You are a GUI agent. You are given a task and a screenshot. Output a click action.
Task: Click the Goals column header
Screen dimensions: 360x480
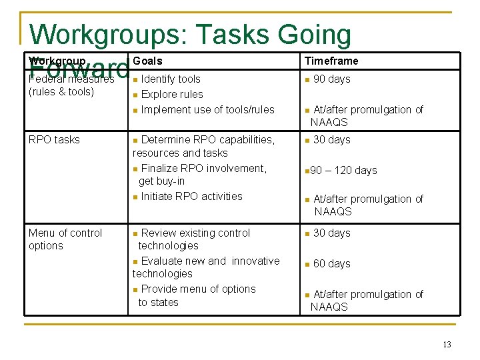click(147, 61)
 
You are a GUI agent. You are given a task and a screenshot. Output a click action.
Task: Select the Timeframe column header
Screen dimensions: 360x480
click(331, 61)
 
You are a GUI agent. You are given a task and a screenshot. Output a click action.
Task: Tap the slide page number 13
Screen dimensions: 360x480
click(447, 345)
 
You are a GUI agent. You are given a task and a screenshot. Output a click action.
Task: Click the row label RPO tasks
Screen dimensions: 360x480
click(54, 139)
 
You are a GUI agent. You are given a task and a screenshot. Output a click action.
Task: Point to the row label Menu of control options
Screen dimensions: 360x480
click(65, 239)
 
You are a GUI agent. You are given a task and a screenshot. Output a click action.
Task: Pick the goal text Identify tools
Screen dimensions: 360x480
click(171, 79)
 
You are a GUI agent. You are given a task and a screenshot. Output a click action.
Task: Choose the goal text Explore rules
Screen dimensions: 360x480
click(172, 94)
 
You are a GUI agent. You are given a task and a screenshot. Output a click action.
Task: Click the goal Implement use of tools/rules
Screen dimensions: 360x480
click(207, 109)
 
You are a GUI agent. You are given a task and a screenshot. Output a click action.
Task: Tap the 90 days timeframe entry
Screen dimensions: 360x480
click(331, 79)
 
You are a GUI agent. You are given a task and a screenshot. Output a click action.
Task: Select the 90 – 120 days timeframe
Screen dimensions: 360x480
click(345, 170)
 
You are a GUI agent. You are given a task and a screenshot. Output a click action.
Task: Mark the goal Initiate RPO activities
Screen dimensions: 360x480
click(191, 196)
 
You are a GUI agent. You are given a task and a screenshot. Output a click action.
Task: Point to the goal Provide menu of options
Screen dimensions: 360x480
click(198, 289)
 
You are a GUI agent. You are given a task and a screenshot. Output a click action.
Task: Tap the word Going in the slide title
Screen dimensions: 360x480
click(315, 35)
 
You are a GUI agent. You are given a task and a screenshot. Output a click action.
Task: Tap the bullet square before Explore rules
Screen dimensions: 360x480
click(135, 95)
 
